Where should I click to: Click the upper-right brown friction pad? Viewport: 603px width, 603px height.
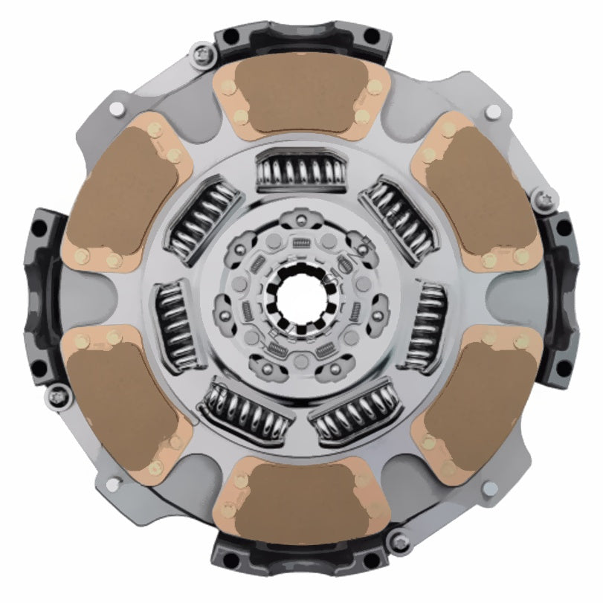click(476, 193)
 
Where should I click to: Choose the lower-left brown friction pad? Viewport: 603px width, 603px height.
click(123, 405)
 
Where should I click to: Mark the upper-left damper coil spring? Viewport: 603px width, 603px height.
click(203, 219)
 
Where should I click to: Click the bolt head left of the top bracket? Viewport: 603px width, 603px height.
click(201, 54)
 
